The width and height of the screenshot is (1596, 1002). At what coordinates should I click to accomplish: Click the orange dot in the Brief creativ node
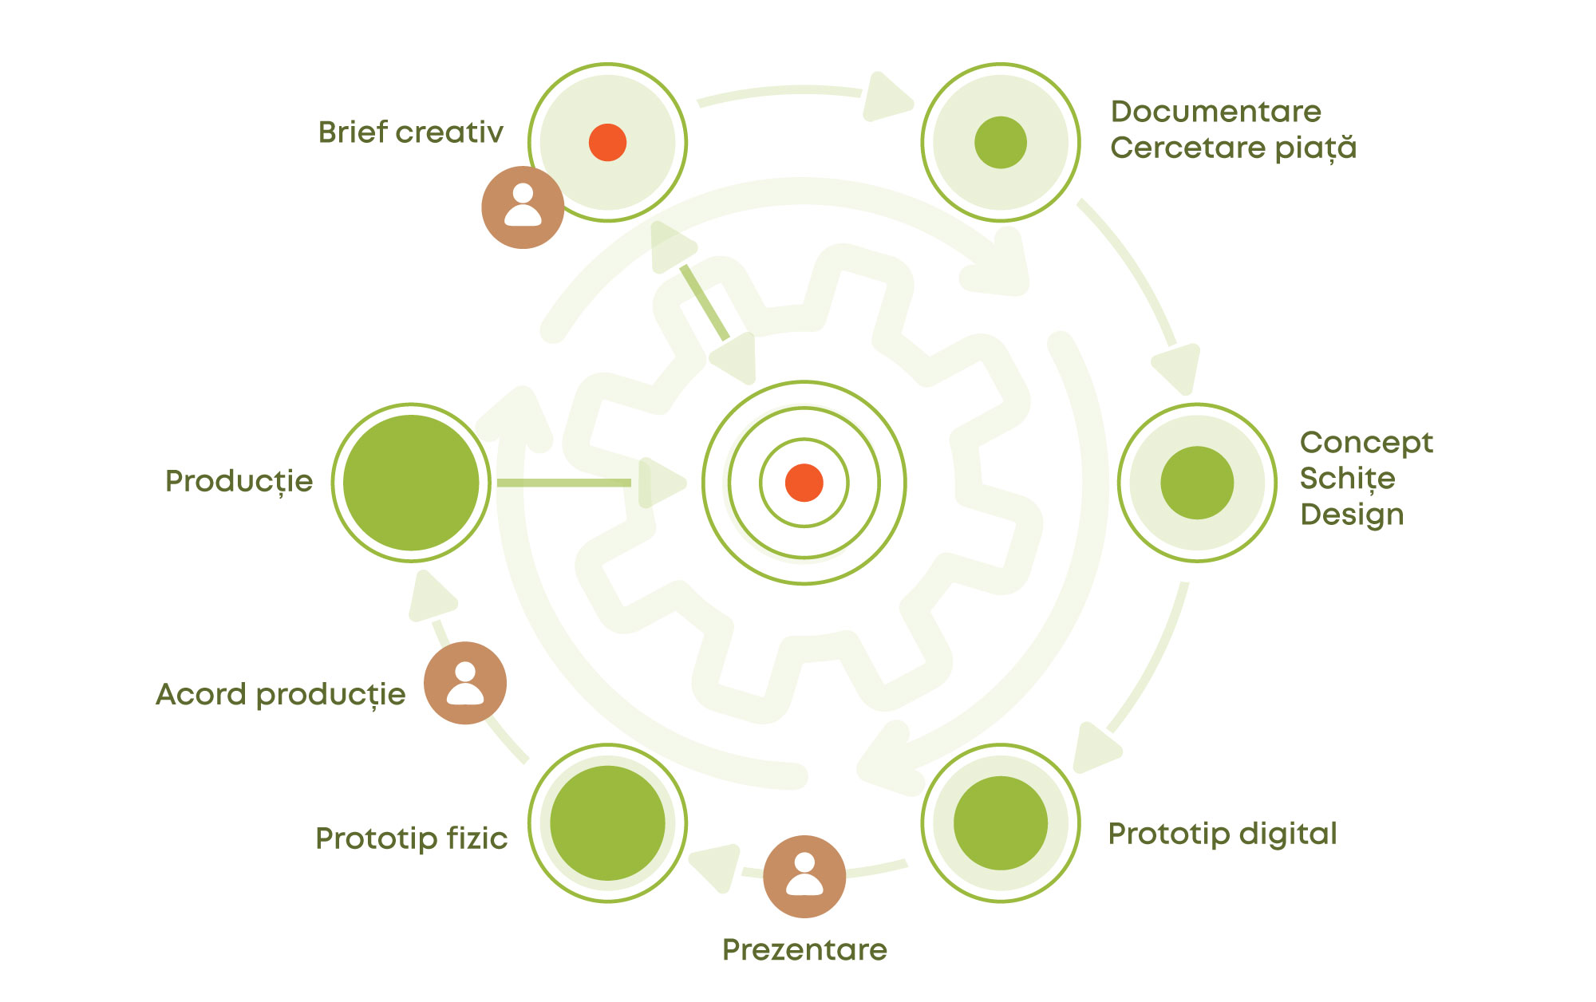(x=607, y=143)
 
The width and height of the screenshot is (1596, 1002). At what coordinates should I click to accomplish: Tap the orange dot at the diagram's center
(x=804, y=483)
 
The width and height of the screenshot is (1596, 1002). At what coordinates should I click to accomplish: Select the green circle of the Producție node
(x=411, y=483)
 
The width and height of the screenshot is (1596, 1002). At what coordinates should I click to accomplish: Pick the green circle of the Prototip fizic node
(x=607, y=823)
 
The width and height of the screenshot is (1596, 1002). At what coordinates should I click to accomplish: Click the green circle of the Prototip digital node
(x=1001, y=823)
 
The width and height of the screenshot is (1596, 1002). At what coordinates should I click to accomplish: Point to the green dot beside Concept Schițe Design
(x=1197, y=483)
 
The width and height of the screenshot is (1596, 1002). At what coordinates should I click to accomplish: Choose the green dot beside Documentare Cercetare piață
(x=1001, y=143)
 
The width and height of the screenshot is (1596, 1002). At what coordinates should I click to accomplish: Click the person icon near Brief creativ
(x=523, y=207)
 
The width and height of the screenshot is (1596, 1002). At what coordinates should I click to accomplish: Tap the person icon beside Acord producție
(x=465, y=683)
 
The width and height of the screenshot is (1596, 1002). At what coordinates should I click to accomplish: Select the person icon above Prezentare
(x=804, y=877)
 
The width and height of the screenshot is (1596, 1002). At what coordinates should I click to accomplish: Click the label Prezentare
(x=804, y=949)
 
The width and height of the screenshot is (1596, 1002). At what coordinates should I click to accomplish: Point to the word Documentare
(x=1215, y=112)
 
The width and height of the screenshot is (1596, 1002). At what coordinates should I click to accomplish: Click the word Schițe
(x=1347, y=479)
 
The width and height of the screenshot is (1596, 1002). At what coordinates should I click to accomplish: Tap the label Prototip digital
(x=1222, y=834)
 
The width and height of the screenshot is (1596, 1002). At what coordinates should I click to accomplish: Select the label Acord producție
(x=281, y=694)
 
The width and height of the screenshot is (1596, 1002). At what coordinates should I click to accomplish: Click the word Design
(x=1352, y=515)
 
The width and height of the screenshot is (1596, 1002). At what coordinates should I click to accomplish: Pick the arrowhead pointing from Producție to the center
(x=660, y=483)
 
